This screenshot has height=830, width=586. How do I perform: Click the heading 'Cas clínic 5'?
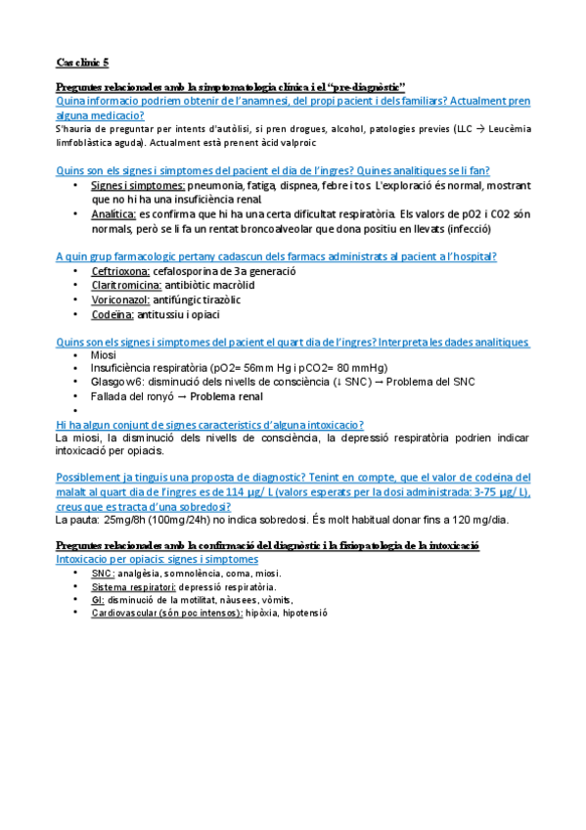click(83, 62)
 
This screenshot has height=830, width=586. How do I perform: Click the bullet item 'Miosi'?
click(103, 355)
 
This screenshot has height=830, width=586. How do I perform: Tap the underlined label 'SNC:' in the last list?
click(102, 573)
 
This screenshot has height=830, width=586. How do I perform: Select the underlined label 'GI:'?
click(97, 599)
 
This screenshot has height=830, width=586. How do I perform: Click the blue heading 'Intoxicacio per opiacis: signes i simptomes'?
click(158, 558)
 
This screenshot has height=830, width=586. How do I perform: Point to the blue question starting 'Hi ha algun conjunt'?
click(209, 424)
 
